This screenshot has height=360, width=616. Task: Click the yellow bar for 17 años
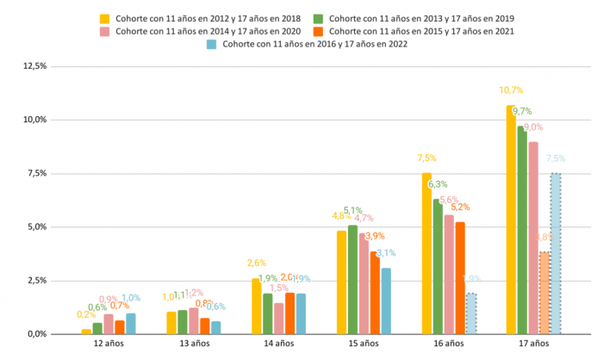pyautogui.click(x=511, y=220)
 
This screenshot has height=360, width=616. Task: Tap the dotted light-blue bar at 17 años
pyautogui.click(x=556, y=253)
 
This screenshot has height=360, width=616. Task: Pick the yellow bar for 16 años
pyautogui.click(x=426, y=253)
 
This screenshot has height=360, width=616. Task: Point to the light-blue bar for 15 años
pyautogui.click(x=386, y=301)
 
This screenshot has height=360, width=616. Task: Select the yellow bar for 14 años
pyautogui.click(x=256, y=306)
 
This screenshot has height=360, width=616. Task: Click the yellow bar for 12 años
pyautogui.click(x=86, y=331)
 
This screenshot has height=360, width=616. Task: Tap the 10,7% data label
pyautogui.click(x=511, y=90)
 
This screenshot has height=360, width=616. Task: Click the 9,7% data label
pyautogui.click(x=522, y=111)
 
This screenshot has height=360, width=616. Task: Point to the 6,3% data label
pyautogui.click(x=438, y=184)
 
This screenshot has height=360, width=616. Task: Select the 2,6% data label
pyautogui.click(x=256, y=263)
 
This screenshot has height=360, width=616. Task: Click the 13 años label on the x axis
pyautogui.click(x=194, y=344)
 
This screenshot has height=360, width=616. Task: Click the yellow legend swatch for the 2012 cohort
pyautogui.click(x=104, y=18)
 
